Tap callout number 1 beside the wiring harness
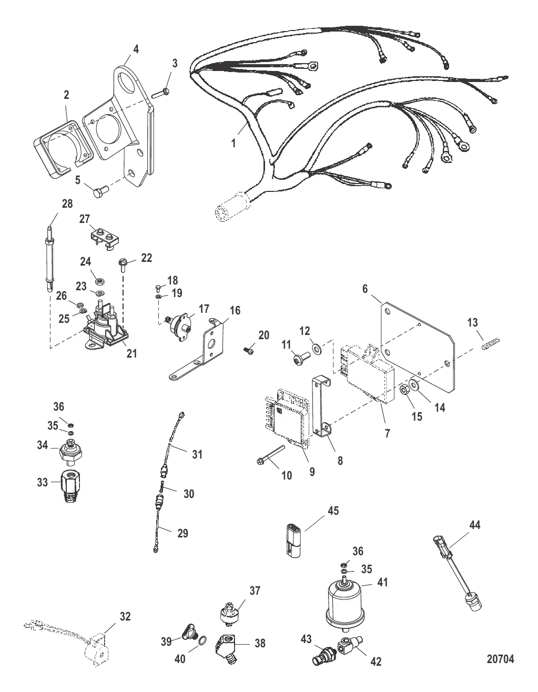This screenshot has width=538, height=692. [x=234, y=144]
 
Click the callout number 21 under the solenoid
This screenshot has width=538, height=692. [x=132, y=353]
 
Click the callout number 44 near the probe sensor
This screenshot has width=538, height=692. [x=475, y=524]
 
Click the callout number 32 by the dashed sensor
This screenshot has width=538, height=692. [x=125, y=616]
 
